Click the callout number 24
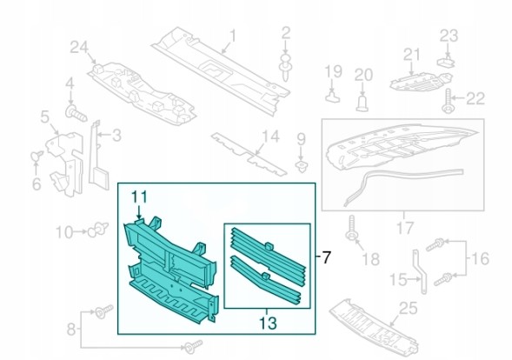(x=79, y=49)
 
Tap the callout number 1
(x=233, y=36)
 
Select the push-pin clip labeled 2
(x=285, y=69)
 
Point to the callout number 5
(x=44, y=117)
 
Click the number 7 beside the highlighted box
(x=326, y=257)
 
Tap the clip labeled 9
(x=301, y=165)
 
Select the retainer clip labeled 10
(x=98, y=229)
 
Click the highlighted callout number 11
(x=139, y=197)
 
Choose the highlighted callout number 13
(x=268, y=323)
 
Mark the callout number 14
(x=271, y=137)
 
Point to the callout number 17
(x=404, y=228)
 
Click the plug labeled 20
(x=362, y=103)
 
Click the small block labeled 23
(x=446, y=62)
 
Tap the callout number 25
(x=408, y=308)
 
